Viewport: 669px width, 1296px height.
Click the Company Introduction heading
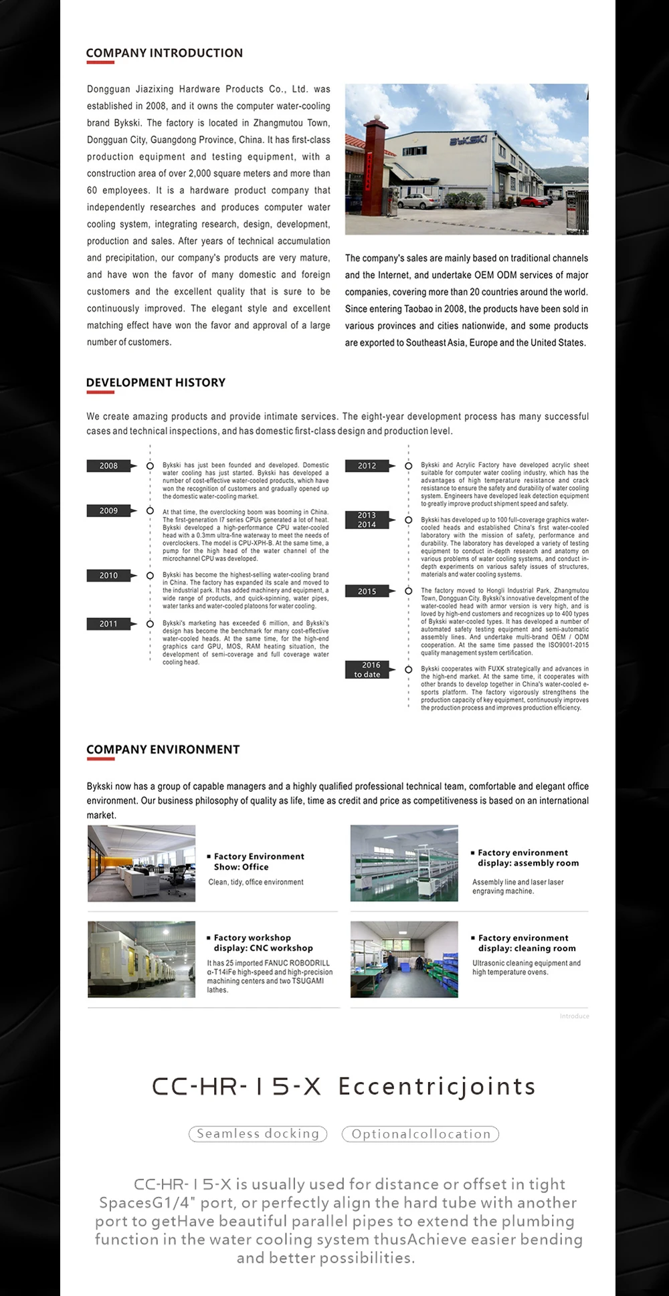click(x=164, y=53)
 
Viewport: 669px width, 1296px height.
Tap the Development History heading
click(x=155, y=383)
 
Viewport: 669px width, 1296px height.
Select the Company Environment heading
click(x=163, y=750)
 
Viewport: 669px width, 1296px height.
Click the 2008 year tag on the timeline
click(x=108, y=466)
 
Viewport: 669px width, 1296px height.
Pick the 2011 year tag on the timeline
click(x=108, y=624)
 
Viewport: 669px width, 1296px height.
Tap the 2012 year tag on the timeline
click(x=367, y=466)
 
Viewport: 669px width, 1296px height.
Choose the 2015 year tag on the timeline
click(x=367, y=591)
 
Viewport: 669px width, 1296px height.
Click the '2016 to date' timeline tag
click(x=367, y=669)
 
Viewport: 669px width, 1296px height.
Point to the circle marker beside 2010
click(x=150, y=576)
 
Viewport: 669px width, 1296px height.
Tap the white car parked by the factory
click(x=418, y=199)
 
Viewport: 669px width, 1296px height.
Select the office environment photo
click(x=142, y=863)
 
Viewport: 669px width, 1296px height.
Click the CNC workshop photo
click(x=142, y=960)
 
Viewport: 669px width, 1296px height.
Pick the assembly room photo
click(x=404, y=863)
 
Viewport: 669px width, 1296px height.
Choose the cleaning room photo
click(x=404, y=960)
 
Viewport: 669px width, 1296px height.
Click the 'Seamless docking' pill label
click(x=258, y=1133)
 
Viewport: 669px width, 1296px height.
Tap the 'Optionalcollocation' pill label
click(x=420, y=1134)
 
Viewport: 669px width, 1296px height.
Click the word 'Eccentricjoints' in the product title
click(x=437, y=1087)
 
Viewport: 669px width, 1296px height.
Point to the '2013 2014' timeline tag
click(x=367, y=520)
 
